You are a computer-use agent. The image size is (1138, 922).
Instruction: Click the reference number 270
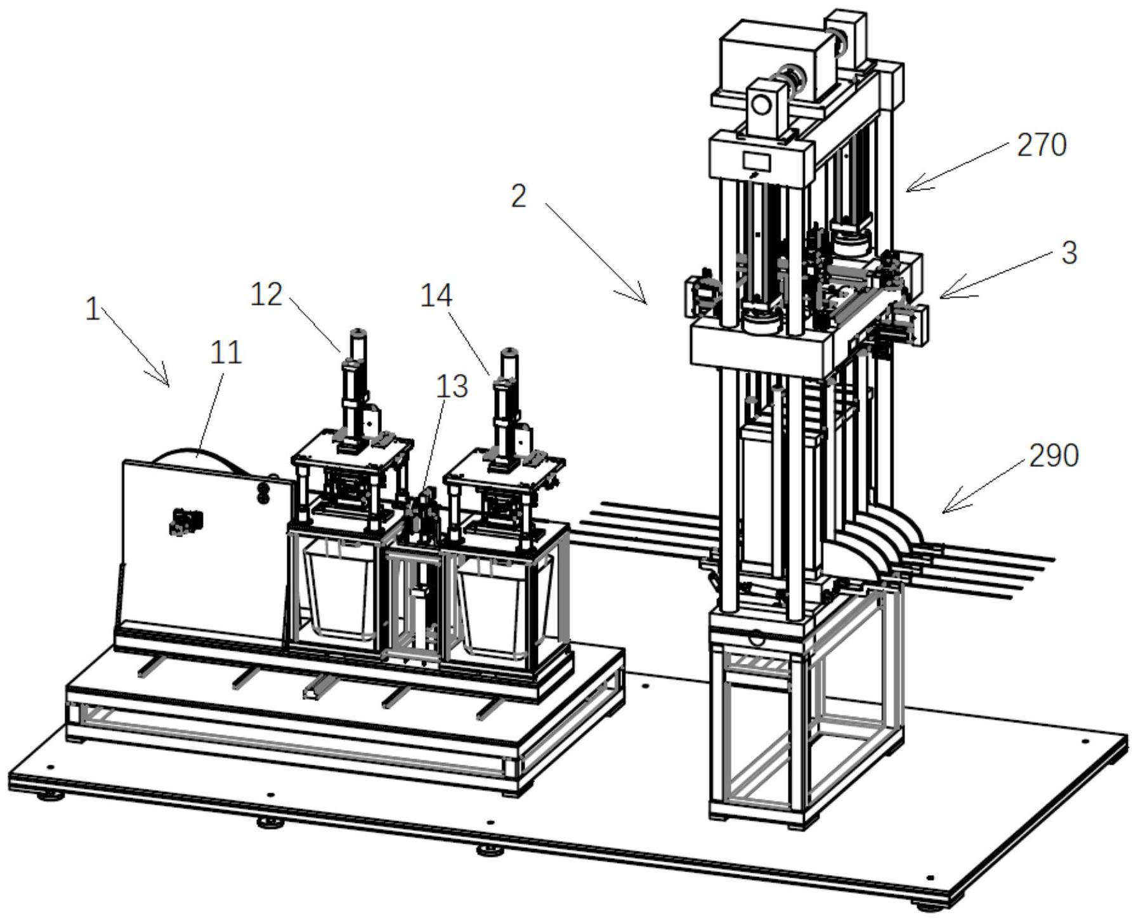pos(1042,145)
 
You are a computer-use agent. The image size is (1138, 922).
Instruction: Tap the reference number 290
pos(1054,456)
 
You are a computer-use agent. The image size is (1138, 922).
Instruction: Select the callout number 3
pos(1069,253)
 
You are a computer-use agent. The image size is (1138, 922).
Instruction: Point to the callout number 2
pos(519,197)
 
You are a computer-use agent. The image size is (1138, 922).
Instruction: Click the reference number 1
pos(93,309)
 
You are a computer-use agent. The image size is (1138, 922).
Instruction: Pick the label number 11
pos(226,353)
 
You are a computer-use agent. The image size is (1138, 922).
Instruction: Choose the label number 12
pos(266,294)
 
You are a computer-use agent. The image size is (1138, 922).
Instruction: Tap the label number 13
pos(452,386)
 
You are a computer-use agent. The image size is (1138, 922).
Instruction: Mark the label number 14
pos(436,295)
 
